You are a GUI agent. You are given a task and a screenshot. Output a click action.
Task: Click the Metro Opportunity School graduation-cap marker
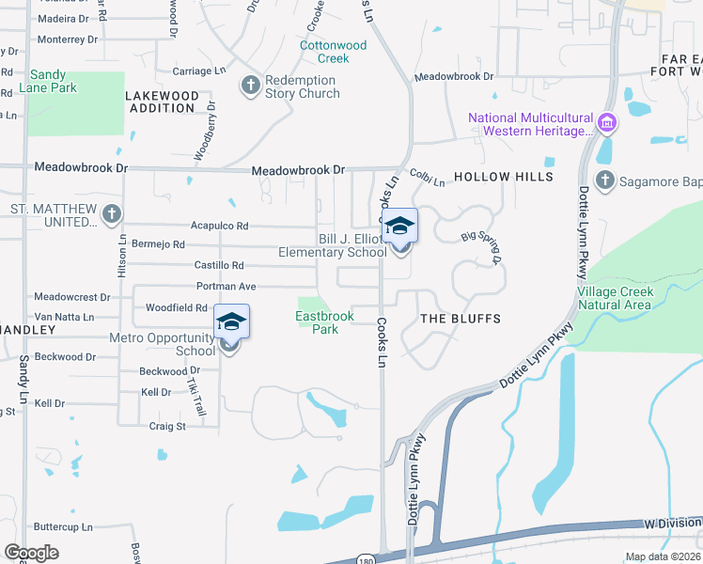pyautogui.click(x=231, y=322)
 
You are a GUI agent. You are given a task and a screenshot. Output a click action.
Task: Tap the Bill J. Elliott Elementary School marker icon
pyautogui.click(x=400, y=227)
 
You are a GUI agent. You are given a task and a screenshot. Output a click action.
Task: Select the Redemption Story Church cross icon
pyautogui.click(x=250, y=86)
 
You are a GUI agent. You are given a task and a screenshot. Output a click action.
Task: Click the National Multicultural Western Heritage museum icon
pyautogui.click(x=606, y=123)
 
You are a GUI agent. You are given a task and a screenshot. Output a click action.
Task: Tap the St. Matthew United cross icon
pyautogui.click(x=112, y=214)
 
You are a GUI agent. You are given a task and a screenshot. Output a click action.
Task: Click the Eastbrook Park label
pyautogui.click(x=325, y=322)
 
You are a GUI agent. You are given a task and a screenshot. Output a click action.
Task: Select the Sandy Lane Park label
pyautogui.click(x=53, y=81)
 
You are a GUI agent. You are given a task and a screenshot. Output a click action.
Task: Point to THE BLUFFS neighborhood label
pyautogui.click(x=460, y=319)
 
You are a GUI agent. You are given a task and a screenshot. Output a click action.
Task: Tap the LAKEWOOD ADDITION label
pyautogui.click(x=163, y=102)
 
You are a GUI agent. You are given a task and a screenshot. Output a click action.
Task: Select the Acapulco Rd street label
pyautogui.click(x=219, y=226)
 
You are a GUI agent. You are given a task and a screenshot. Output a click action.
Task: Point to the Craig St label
pyautogui.click(x=167, y=426)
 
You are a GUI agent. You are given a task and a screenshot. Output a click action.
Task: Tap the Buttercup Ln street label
pyautogui.click(x=65, y=526)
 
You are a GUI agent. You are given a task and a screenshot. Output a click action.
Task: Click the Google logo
pyautogui.click(x=32, y=552)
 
